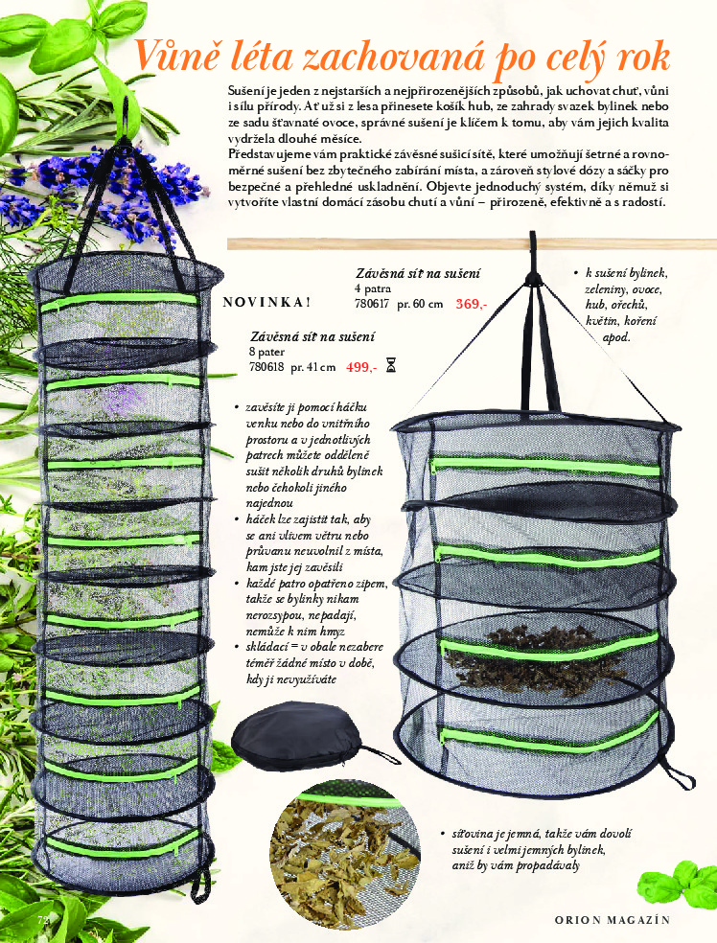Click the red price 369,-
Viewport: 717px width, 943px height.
point(471,305)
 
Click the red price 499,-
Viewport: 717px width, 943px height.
point(361,367)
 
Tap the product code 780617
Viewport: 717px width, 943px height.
point(372,305)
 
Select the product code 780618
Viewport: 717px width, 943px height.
point(266,367)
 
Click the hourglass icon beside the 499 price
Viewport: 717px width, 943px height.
point(391,365)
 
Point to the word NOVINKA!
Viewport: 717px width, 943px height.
point(266,302)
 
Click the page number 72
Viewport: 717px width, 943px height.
point(43,920)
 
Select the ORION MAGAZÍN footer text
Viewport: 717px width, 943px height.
point(613,920)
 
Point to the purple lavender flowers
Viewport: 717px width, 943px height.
point(108,187)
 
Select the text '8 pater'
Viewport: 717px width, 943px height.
point(267,352)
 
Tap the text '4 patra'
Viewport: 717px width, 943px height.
point(372,288)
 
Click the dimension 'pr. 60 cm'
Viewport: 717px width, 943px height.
point(420,305)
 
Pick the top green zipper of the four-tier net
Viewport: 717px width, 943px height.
point(545,466)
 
